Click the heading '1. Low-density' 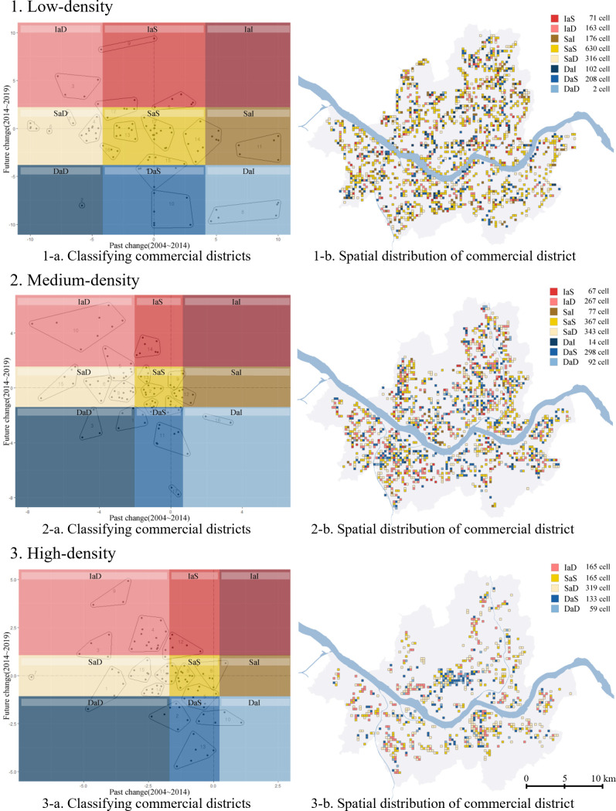coord(58,9)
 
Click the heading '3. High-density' coord(61,554)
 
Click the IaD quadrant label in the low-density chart coord(60,29)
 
